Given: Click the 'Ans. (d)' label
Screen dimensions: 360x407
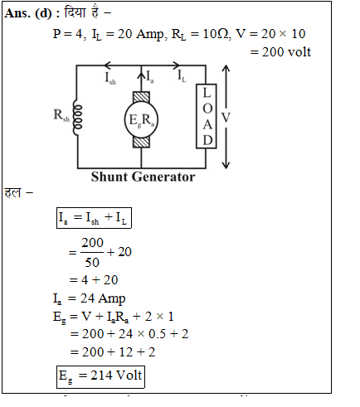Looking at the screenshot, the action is click(x=28, y=13).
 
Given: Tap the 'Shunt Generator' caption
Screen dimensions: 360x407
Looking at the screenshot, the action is click(x=143, y=177).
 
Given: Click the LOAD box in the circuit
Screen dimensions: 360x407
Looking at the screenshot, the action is click(x=207, y=116).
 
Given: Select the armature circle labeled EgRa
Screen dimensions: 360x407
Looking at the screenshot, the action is click(x=141, y=119).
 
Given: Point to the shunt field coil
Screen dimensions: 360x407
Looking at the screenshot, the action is click(x=78, y=117).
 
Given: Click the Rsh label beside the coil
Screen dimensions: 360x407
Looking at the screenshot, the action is click(x=61, y=115).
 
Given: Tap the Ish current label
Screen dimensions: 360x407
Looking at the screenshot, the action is click(x=110, y=78).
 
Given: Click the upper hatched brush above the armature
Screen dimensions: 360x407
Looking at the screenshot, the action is click(x=141, y=98).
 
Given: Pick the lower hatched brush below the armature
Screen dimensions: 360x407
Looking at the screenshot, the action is click(x=141, y=142).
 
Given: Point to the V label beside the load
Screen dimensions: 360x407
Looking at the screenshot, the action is click(x=226, y=118).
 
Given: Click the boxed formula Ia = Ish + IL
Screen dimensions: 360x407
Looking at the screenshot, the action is click(x=94, y=218).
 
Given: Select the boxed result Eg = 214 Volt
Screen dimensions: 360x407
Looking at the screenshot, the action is click(x=100, y=377).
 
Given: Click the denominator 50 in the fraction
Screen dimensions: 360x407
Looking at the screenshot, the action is click(x=92, y=262).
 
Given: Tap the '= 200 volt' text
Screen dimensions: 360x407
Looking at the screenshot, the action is click(x=280, y=52).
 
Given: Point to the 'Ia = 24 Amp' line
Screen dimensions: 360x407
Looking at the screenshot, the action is click(x=89, y=298).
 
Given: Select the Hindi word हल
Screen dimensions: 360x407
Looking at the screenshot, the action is click(x=12, y=192).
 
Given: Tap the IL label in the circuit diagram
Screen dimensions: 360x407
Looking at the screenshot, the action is click(x=182, y=76).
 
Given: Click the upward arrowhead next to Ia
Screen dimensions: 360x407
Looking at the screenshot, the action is click(x=141, y=75).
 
